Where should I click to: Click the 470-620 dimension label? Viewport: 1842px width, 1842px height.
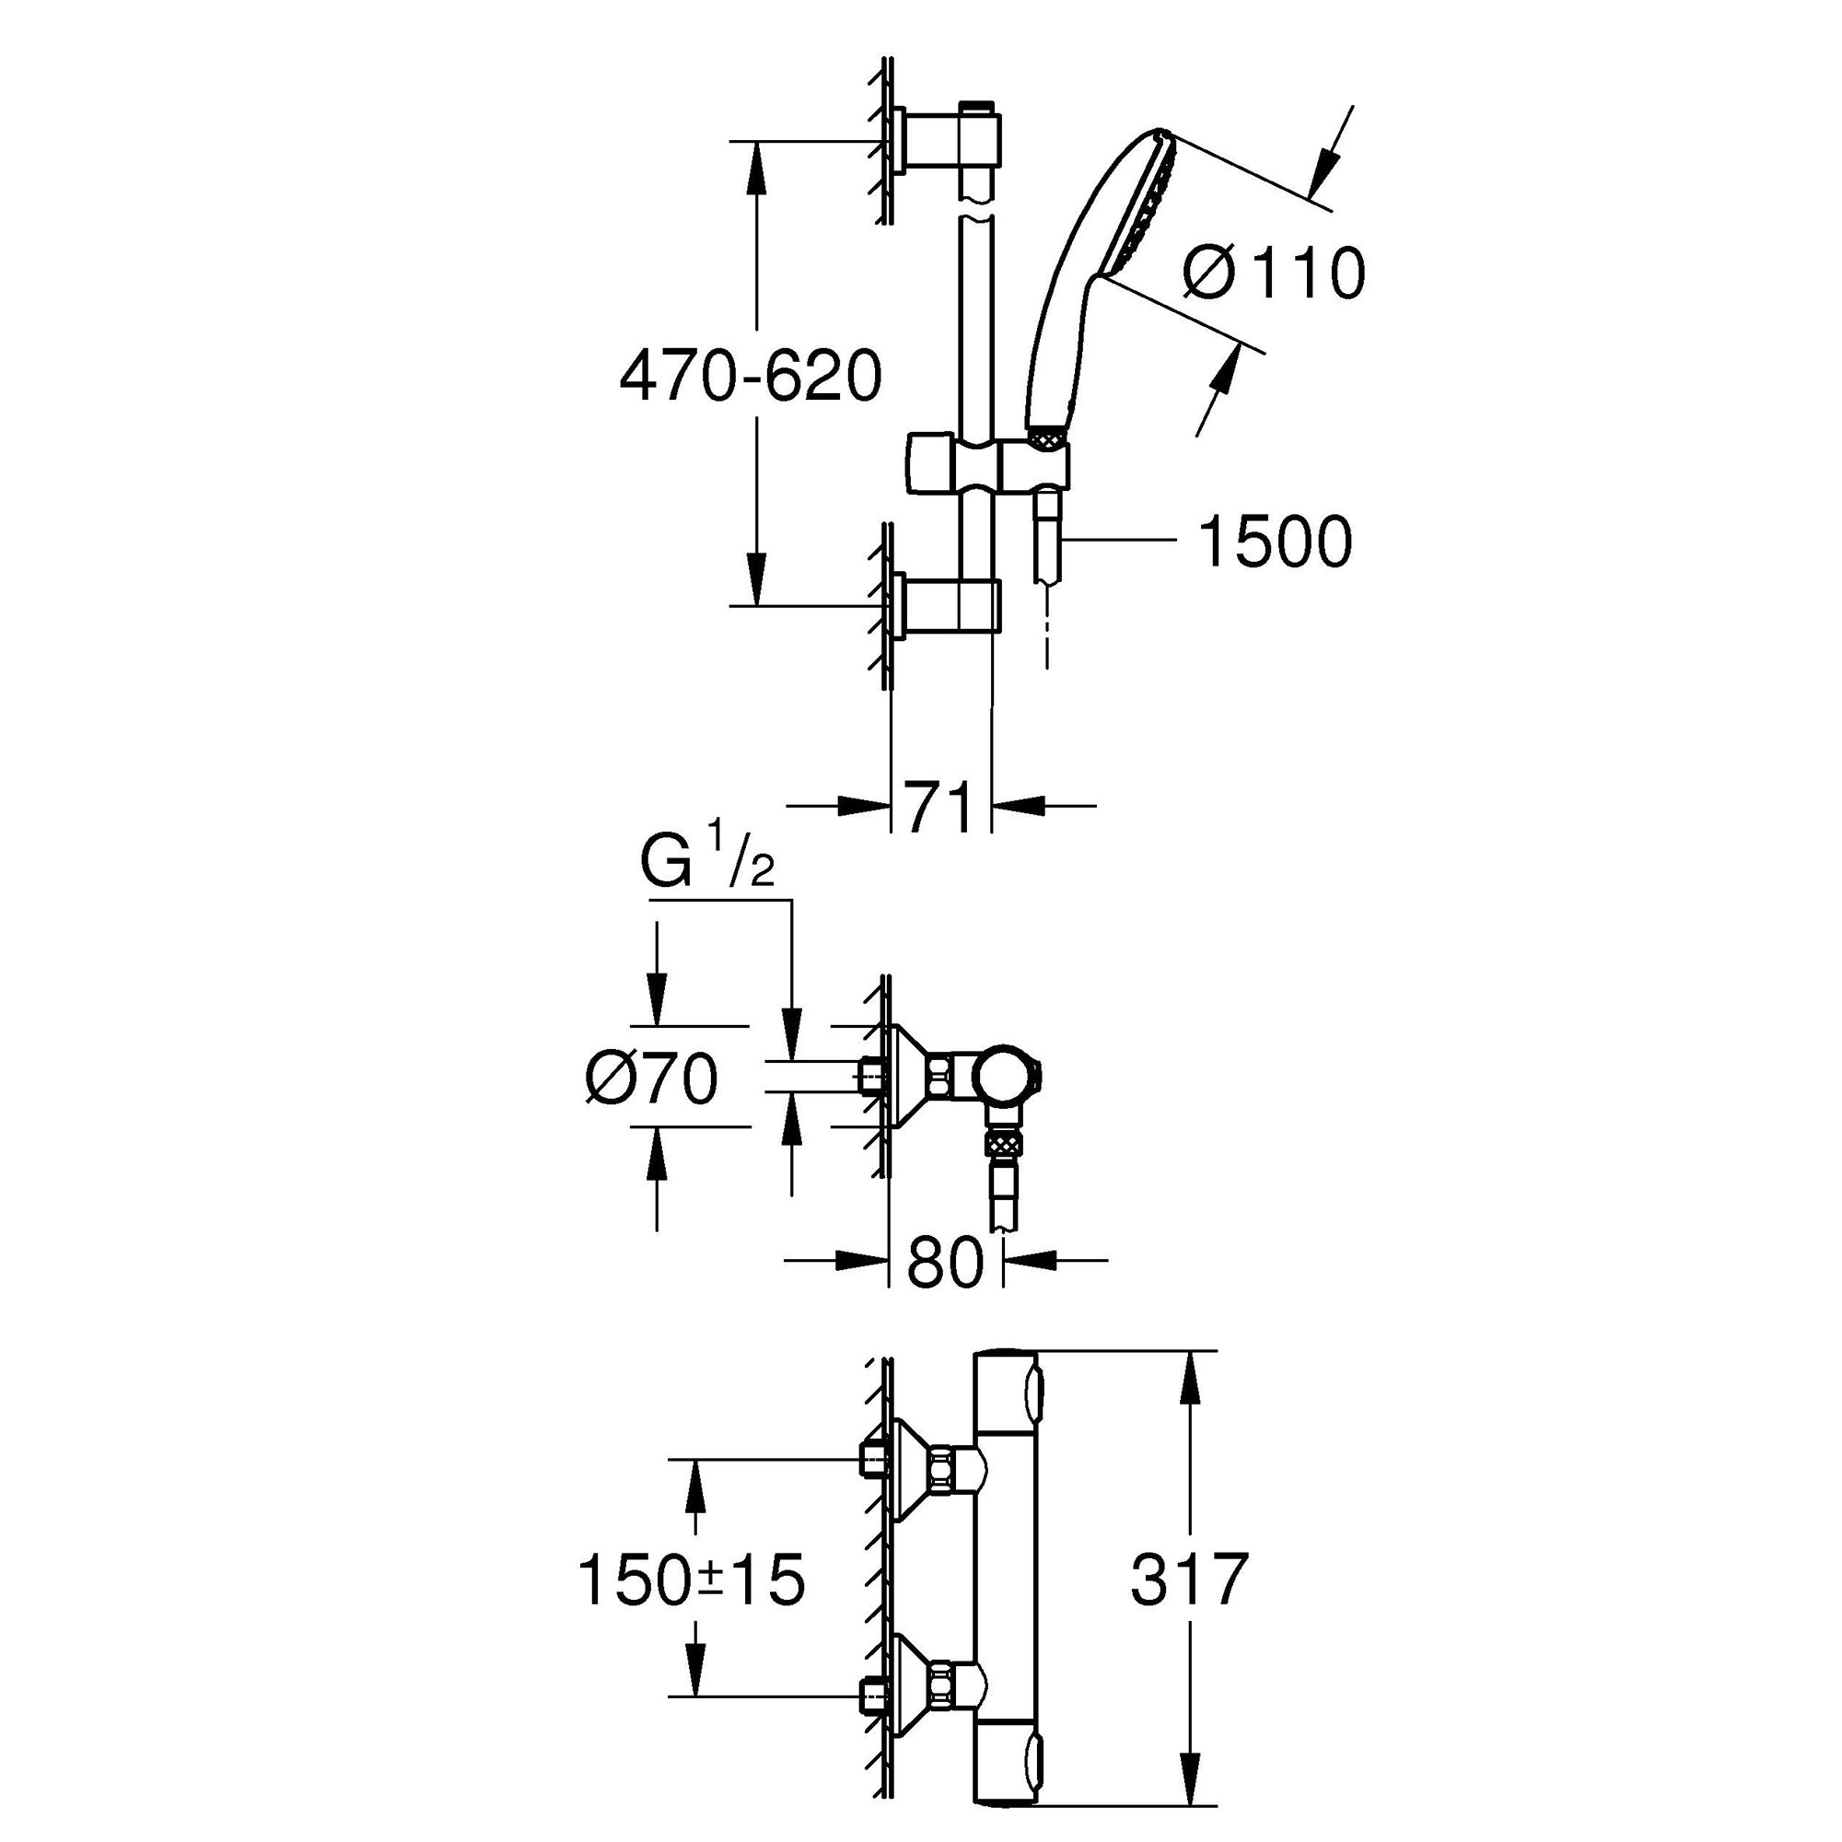[x=751, y=377]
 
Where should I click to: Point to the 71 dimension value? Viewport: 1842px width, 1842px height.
[x=939, y=807]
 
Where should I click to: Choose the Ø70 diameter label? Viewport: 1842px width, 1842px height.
[x=652, y=1080]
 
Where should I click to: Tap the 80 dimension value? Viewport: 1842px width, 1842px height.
[x=944, y=1265]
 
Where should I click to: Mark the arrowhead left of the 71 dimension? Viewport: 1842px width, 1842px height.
[x=863, y=806]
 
